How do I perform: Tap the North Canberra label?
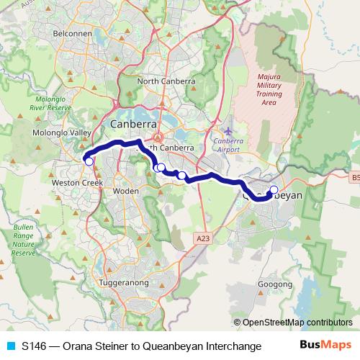[166, 81]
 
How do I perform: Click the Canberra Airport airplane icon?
[229, 130]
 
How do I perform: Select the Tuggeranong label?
[125, 283]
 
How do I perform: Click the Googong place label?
[274, 285]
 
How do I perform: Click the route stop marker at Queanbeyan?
[274, 190]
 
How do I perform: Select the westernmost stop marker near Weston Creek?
[89, 161]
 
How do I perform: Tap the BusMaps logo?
[325, 346]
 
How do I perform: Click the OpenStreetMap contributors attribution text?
[297, 323]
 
